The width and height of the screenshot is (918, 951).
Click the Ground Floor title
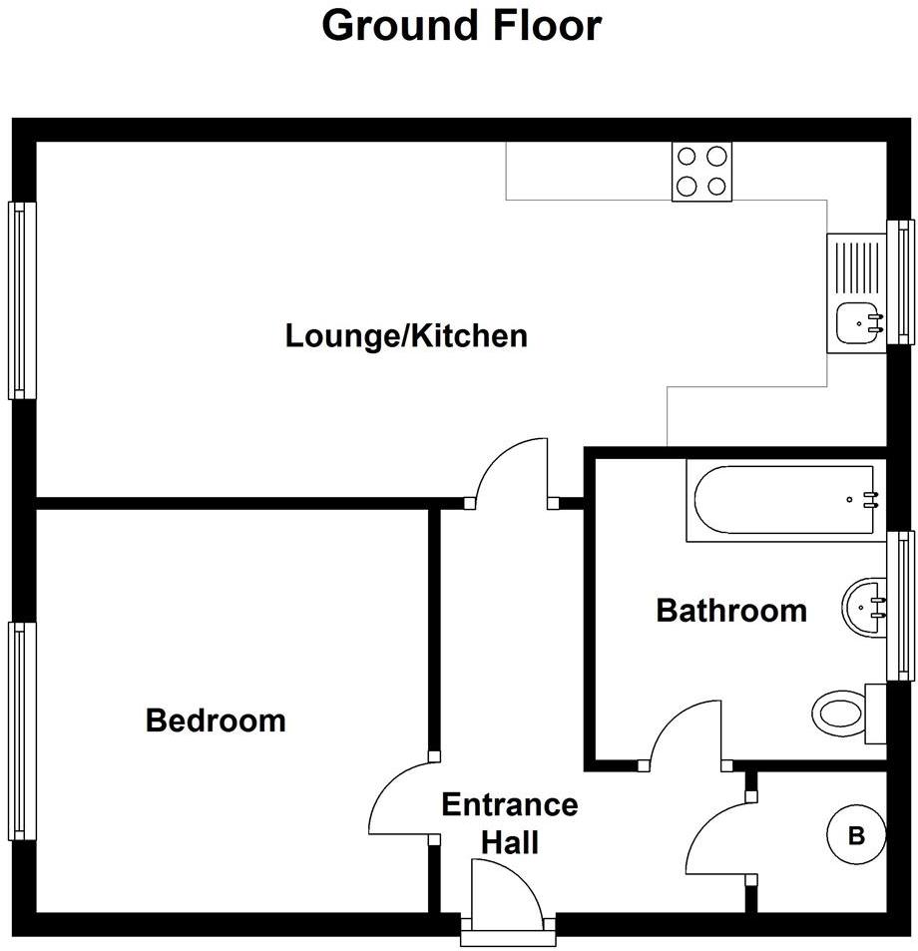click(x=461, y=26)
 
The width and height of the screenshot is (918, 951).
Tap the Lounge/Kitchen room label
click(x=406, y=336)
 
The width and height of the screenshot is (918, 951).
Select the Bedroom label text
click(x=216, y=720)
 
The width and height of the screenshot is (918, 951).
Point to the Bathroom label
click(x=731, y=610)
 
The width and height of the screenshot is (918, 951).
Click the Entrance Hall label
click(x=510, y=823)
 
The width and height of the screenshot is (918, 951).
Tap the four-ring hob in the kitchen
click(x=701, y=172)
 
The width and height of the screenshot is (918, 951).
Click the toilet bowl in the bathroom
click(x=839, y=713)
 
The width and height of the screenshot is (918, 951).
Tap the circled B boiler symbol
click(x=856, y=836)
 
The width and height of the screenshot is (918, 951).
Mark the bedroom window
click(x=22, y=730)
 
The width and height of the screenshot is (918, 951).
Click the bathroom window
click(x=900, y=606)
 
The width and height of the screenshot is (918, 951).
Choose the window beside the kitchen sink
click(x=900, y=282)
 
